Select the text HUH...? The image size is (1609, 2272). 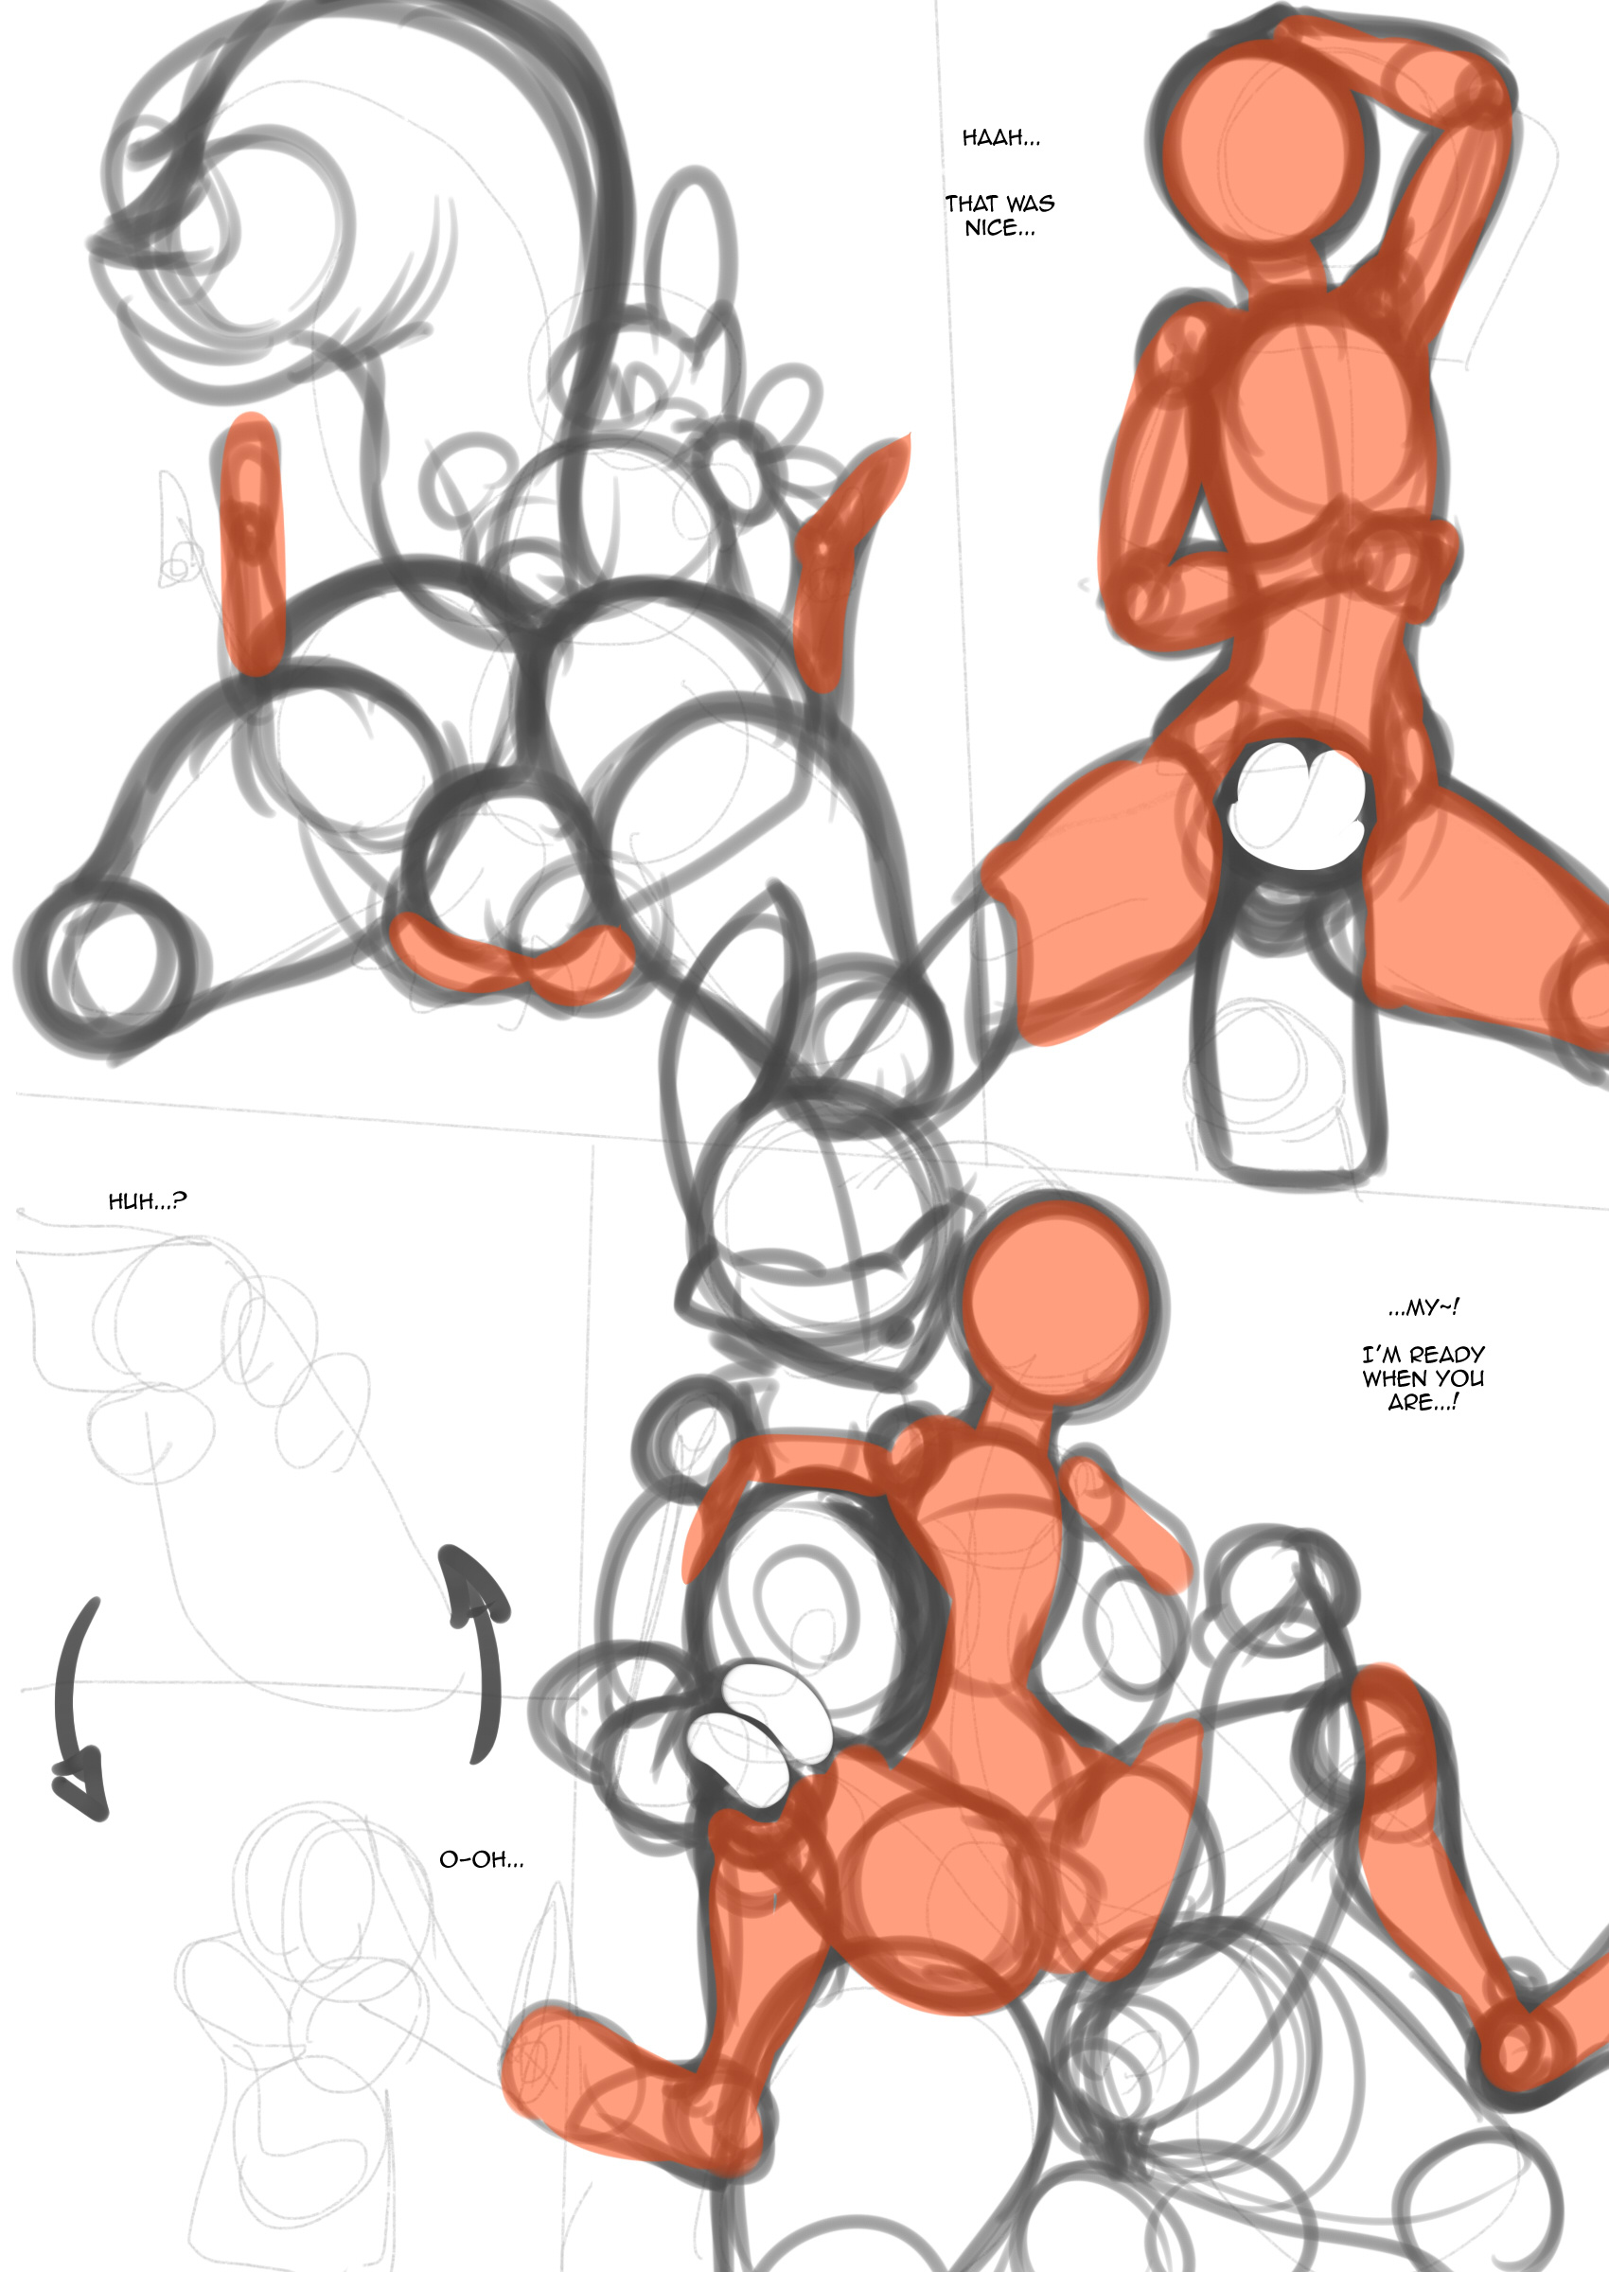[147, 1201]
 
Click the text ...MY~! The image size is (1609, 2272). [1423, 1307]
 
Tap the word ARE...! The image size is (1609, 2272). [1423, 1402]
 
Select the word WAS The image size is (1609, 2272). [1031, 204]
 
